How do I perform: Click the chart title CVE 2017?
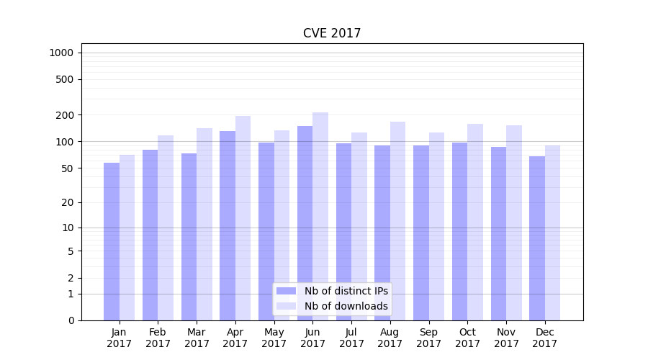click(x=331, y=33)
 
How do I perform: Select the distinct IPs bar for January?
click(x=112, y=241)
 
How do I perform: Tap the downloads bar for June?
click(x=320, y=216)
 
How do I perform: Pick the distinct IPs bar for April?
click(x=228, y=225)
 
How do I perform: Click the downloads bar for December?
click(x=552, y=233)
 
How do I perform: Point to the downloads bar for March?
click(x=204, y=224)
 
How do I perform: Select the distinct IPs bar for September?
click(x=421, y=233)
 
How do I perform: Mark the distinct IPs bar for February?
click(x=150, y=235)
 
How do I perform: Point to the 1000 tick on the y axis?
click(x=61, y=53)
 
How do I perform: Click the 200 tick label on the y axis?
click(x=65, y=115)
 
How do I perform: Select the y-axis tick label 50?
click(x=67, y=168)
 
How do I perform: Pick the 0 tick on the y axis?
click(x=71, y=320)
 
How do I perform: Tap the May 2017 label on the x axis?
click(x=274, y=338)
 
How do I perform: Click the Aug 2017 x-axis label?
click(x=390, y=338)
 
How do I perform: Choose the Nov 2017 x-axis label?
click(x=506, y=338)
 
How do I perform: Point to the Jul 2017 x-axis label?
click(x=351, y=338)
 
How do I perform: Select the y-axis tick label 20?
click(x=67, y=202)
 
